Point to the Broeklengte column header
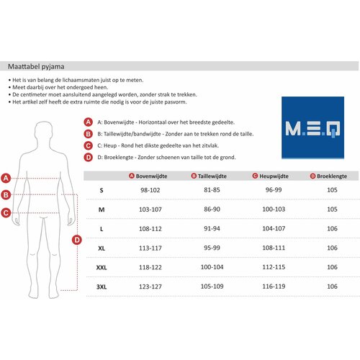331,176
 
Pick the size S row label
101,190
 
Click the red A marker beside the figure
6,177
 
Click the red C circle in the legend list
89,145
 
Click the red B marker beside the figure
6,194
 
